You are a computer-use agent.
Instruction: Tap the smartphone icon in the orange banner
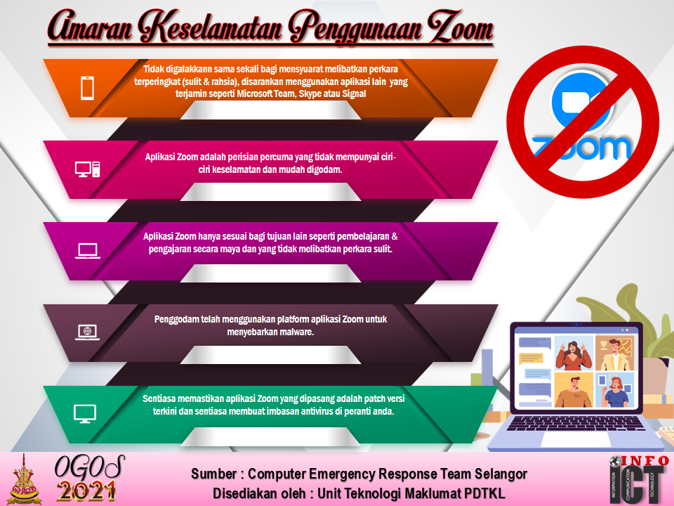[x=88, y=88]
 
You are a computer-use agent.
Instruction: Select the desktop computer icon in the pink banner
[x=87, y=169]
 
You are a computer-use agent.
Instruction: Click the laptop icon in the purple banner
[x=88, y=251]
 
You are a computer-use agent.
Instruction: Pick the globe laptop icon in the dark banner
[x=88, y=332]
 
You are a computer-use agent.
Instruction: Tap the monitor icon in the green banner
[x=85, y=414]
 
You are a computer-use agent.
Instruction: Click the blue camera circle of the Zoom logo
[x=581, y=103]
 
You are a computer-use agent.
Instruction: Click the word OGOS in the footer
[x=89, y=467]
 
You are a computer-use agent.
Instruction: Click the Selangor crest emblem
[x=26, y=480]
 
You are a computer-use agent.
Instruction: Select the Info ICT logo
[x=639, y=480]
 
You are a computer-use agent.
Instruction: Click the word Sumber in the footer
[x=213, y=474]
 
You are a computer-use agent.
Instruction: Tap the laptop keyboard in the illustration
[x=576, y=423]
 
